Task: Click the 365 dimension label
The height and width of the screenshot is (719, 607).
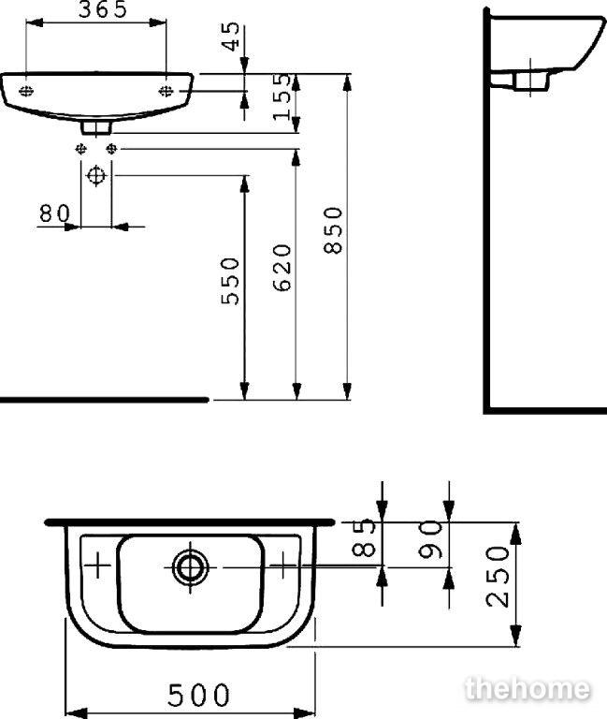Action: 103,9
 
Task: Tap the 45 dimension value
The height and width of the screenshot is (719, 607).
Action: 233,37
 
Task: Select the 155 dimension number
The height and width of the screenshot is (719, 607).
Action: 282,96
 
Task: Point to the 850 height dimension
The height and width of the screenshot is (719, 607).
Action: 333,230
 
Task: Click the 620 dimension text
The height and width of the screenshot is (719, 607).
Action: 282,268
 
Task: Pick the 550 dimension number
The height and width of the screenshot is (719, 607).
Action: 230,281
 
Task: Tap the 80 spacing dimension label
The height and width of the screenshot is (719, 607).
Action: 54,213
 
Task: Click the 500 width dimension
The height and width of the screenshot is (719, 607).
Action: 198,695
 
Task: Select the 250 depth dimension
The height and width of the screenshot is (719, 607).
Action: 498,577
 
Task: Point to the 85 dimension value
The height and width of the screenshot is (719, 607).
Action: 365,537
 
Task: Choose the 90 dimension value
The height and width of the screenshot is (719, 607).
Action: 431,539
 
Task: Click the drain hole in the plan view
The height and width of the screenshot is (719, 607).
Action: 190,567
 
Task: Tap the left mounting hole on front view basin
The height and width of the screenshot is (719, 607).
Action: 26,91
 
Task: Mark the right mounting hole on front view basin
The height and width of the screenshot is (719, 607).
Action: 166,91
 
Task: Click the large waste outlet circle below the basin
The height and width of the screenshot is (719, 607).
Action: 96,176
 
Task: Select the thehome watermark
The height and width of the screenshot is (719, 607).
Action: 528,688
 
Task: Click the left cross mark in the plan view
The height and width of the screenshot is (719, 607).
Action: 97,565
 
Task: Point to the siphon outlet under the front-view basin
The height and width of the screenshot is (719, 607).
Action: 96,127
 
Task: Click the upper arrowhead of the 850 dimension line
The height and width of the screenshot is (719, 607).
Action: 347,83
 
